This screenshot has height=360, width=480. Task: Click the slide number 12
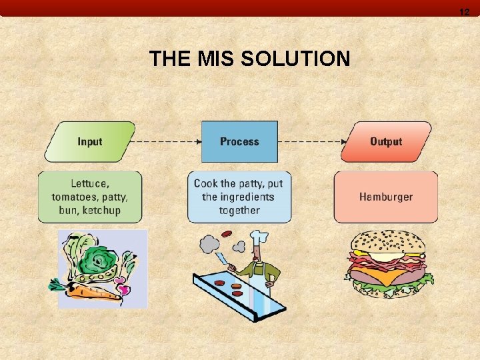(465, 12)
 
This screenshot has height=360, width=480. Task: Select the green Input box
(90, 141)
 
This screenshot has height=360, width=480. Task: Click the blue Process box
(239, 141)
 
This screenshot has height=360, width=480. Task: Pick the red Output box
(386, 141)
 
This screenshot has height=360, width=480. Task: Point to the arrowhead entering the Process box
(198, 141)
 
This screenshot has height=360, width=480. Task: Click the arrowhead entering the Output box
(343, 141)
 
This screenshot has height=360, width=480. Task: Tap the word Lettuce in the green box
(89, 183)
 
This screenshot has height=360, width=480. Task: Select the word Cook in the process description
(205, 183)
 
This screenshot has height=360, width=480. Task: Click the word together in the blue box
(239, 210)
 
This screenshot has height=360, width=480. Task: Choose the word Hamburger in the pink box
(386, 197)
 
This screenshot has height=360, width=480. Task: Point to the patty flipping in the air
(227, 234)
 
